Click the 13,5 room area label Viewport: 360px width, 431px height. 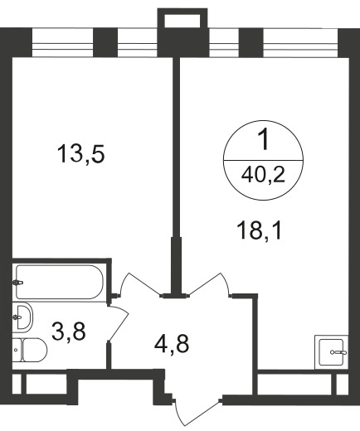coord(80,154)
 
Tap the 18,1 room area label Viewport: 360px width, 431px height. coord(260,231)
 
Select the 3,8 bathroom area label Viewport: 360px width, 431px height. coord(69,332)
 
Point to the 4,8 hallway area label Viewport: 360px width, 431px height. coord(172,345)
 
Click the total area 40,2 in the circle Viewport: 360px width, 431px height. coord(263,175)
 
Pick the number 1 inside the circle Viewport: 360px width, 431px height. coord(264,140)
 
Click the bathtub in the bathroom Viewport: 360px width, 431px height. coord(59,282)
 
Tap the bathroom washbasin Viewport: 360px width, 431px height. coord(22,317)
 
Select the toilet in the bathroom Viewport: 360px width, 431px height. coord(30,351)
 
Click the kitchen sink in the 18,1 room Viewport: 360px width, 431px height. coord(332,352)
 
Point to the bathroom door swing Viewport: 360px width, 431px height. coord(119,323)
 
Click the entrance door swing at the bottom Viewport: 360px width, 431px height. coord(197,413)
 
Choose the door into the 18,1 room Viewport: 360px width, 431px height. coord(209,284)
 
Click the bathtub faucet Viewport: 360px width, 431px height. coord(17,283)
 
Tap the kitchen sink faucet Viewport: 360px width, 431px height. coord(338,352)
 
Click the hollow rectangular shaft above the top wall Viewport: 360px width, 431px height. coord(182,18)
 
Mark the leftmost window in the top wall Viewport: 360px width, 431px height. coord(62,42)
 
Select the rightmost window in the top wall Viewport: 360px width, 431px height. coord(300,42)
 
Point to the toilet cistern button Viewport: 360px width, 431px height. coord(16,350)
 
